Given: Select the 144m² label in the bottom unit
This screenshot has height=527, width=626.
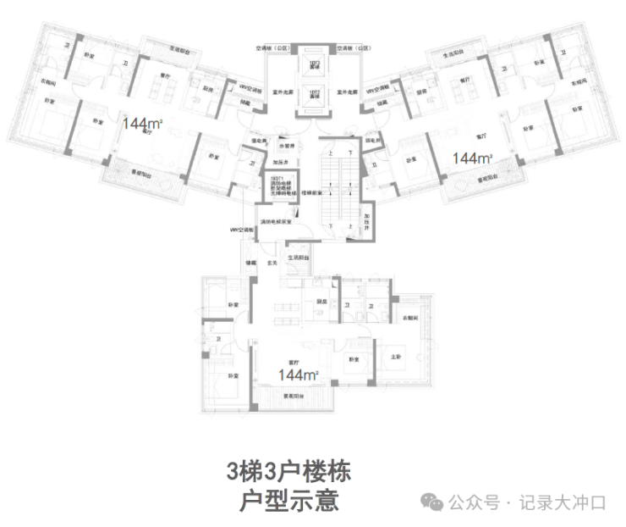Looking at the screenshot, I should pos(297,374).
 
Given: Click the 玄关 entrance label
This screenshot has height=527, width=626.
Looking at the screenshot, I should pos(273,264).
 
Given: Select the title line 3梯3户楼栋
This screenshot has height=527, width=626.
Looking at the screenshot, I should pos(288,470).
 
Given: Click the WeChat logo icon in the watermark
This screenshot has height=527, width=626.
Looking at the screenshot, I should pos(433,502).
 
